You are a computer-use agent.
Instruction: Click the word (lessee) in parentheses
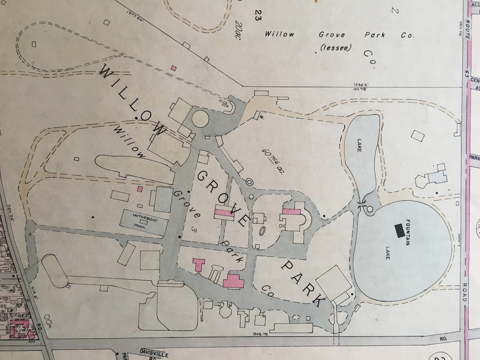point(336,48)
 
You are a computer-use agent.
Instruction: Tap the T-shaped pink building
point(198,265)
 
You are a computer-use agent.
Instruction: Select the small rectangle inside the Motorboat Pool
point(144,221)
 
